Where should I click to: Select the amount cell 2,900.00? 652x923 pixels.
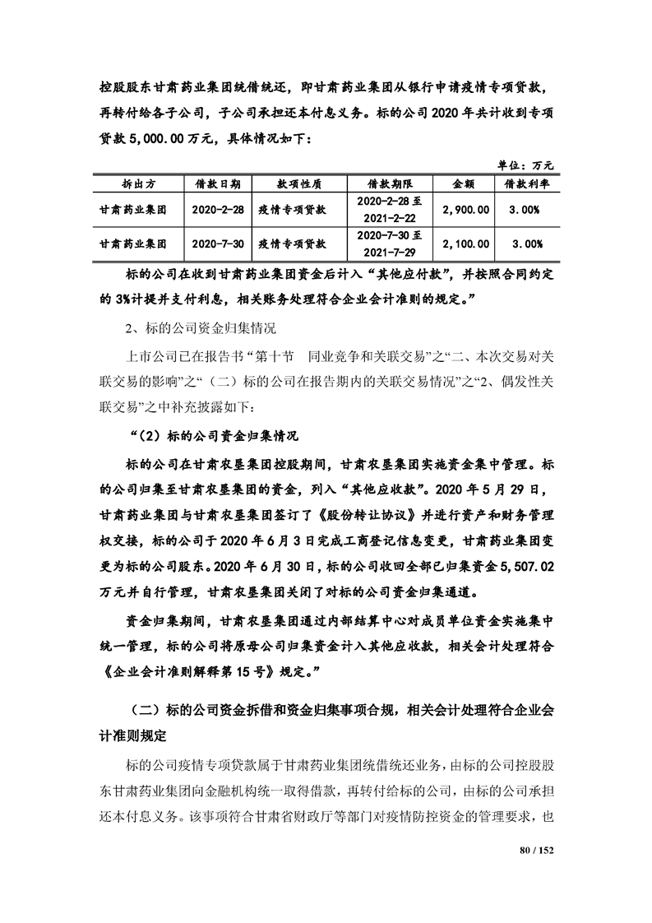tap(465, 210)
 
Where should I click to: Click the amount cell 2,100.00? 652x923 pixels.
tap(465, 244)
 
